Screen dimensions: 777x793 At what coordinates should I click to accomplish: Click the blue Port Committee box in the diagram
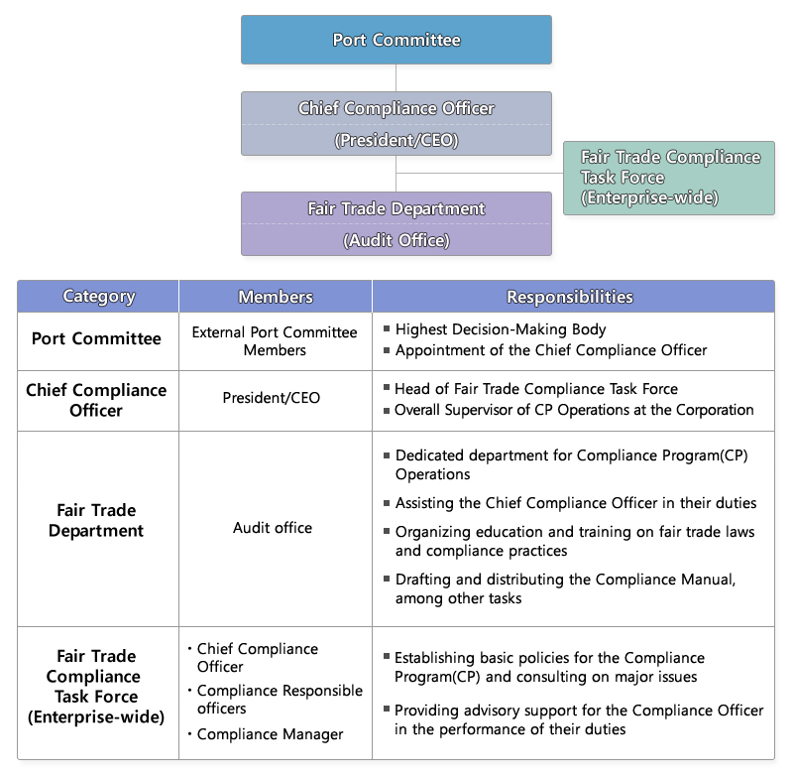pyautogui.click(x=396, y=40)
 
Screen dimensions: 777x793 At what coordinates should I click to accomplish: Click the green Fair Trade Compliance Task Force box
pyautogui.click(x=669, y=178)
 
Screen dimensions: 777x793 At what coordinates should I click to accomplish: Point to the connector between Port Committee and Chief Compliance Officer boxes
pyautogui.click(x=396, y=77)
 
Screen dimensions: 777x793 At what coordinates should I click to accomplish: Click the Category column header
pyautogui.click(x=98, y=297)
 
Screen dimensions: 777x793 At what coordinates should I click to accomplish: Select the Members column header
pyautogui.click(x=275, y=297)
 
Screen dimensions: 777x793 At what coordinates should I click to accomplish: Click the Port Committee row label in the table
pyautogui.click(x=96, y=339)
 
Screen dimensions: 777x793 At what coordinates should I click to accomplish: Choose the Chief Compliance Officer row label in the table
pyautogui.click(x=96, y=400)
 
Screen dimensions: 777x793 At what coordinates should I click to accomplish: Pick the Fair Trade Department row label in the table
pyautogui.click(x=96, y=521)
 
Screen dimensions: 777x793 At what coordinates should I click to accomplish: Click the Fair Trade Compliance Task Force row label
pyautogui.click(x=96, y=686)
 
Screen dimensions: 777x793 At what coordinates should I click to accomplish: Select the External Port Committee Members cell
pyautogui.click(x=275, y=340)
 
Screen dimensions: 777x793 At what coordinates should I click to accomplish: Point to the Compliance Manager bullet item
pyautogui.click(x=270, y=734)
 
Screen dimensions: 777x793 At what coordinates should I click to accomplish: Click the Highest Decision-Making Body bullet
pyautogui.click(x=500, y=329)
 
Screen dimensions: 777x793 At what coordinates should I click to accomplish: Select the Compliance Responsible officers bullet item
pyautogui.click(x=279, y=700)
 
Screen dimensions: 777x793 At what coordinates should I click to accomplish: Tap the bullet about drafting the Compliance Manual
pyautogui.click(x=565, y=588)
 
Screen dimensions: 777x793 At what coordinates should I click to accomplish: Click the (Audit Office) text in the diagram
pyautogui.click(x=396, y=240)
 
